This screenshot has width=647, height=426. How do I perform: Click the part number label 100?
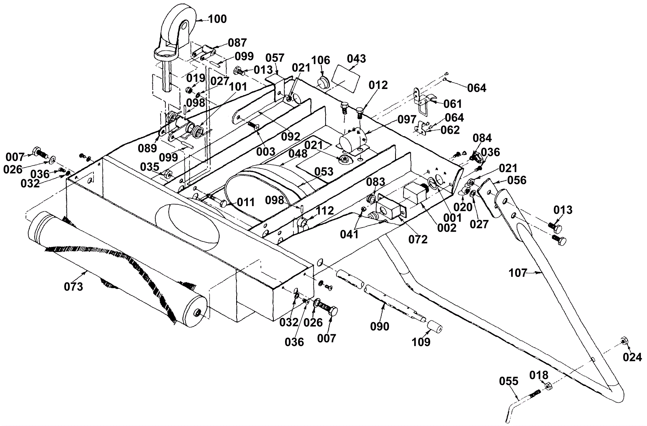coord(218,19)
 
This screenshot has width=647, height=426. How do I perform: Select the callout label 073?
coord(74,287)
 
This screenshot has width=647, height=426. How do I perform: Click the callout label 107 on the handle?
coord(518,273)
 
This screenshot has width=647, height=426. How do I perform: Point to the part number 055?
coord(509,381)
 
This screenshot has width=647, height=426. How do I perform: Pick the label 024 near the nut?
coord(632,358)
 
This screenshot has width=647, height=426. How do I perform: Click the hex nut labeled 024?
coord(624,341)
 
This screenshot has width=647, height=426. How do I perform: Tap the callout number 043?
coord(356,59)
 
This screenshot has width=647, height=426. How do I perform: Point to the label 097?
coord(407,119)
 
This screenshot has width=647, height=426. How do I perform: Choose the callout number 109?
coord(421,342)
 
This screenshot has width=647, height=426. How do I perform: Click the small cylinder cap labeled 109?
coord(435,327)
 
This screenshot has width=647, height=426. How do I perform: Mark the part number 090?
coord(380,327)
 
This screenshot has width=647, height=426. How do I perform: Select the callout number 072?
coord(418,239)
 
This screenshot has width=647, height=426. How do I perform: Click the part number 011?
coord(245,202)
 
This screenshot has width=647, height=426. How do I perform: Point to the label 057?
coord(275,58)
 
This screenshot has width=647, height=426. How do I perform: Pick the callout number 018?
coord(539,375)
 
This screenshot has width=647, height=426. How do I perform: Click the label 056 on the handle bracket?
coord(517,180)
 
